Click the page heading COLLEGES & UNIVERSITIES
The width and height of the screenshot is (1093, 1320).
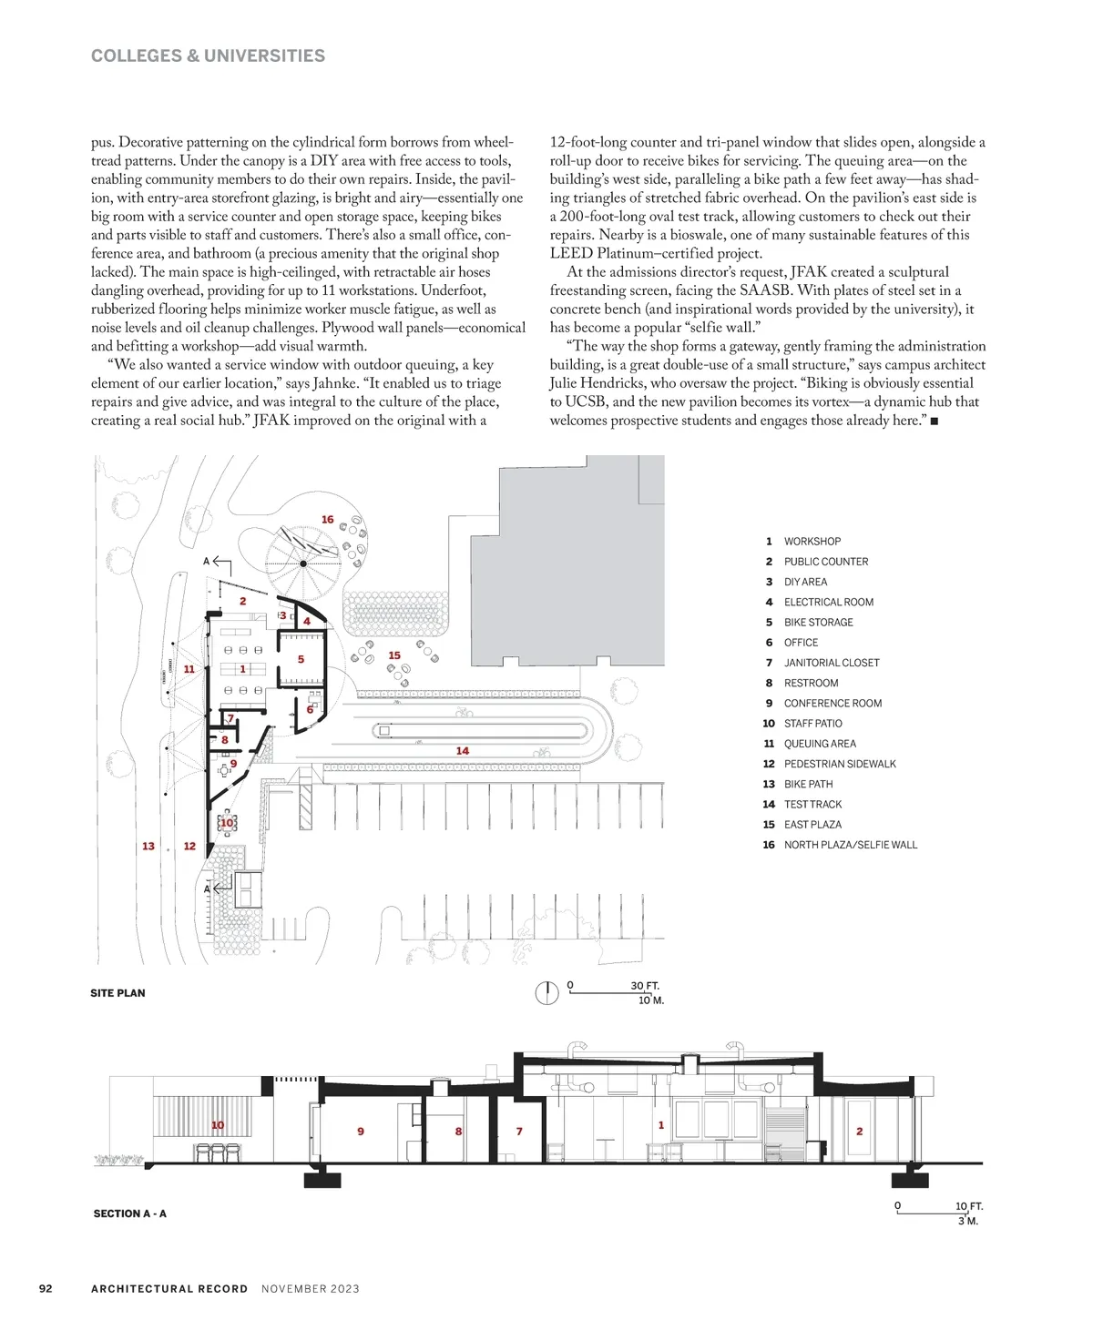click(x=208, y=56)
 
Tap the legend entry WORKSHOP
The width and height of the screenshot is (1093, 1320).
click(x=812, y=542)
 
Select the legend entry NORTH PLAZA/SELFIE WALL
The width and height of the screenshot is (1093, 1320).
click(x=850, y=845)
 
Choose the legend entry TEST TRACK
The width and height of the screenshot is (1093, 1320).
click(x=812, y=805)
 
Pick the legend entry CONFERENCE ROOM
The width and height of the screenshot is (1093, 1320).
click(x=833, y=704)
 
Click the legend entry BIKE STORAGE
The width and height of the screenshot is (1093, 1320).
click(x=818, y=623)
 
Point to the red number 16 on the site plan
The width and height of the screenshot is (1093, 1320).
click(x=328, y=520)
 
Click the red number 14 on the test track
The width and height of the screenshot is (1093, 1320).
click(x=463, y=751)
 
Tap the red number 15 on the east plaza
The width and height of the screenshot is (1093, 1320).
click(x=394, y=655)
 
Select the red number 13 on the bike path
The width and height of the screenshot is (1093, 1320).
click(x=148, y=847)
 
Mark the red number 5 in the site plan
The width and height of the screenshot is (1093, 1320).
click(x=301, y=659)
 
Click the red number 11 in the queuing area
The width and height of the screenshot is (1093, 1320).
click(x=189, y=669)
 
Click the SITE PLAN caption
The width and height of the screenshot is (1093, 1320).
click(x=117, y=993)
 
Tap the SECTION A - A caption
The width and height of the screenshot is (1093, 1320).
click(x=129, y=1213)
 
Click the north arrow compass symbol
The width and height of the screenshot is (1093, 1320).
click(x=546, y=993)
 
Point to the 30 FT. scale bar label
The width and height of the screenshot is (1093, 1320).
click(x=645, y=986)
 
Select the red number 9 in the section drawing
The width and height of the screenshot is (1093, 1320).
click(x=361, y=1132)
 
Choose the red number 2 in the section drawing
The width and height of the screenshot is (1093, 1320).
click(x=859, y=1132)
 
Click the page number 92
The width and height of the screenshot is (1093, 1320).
click(x=46, y=1289)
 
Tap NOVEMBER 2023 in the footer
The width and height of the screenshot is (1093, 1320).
click(x=311, y=1289)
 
